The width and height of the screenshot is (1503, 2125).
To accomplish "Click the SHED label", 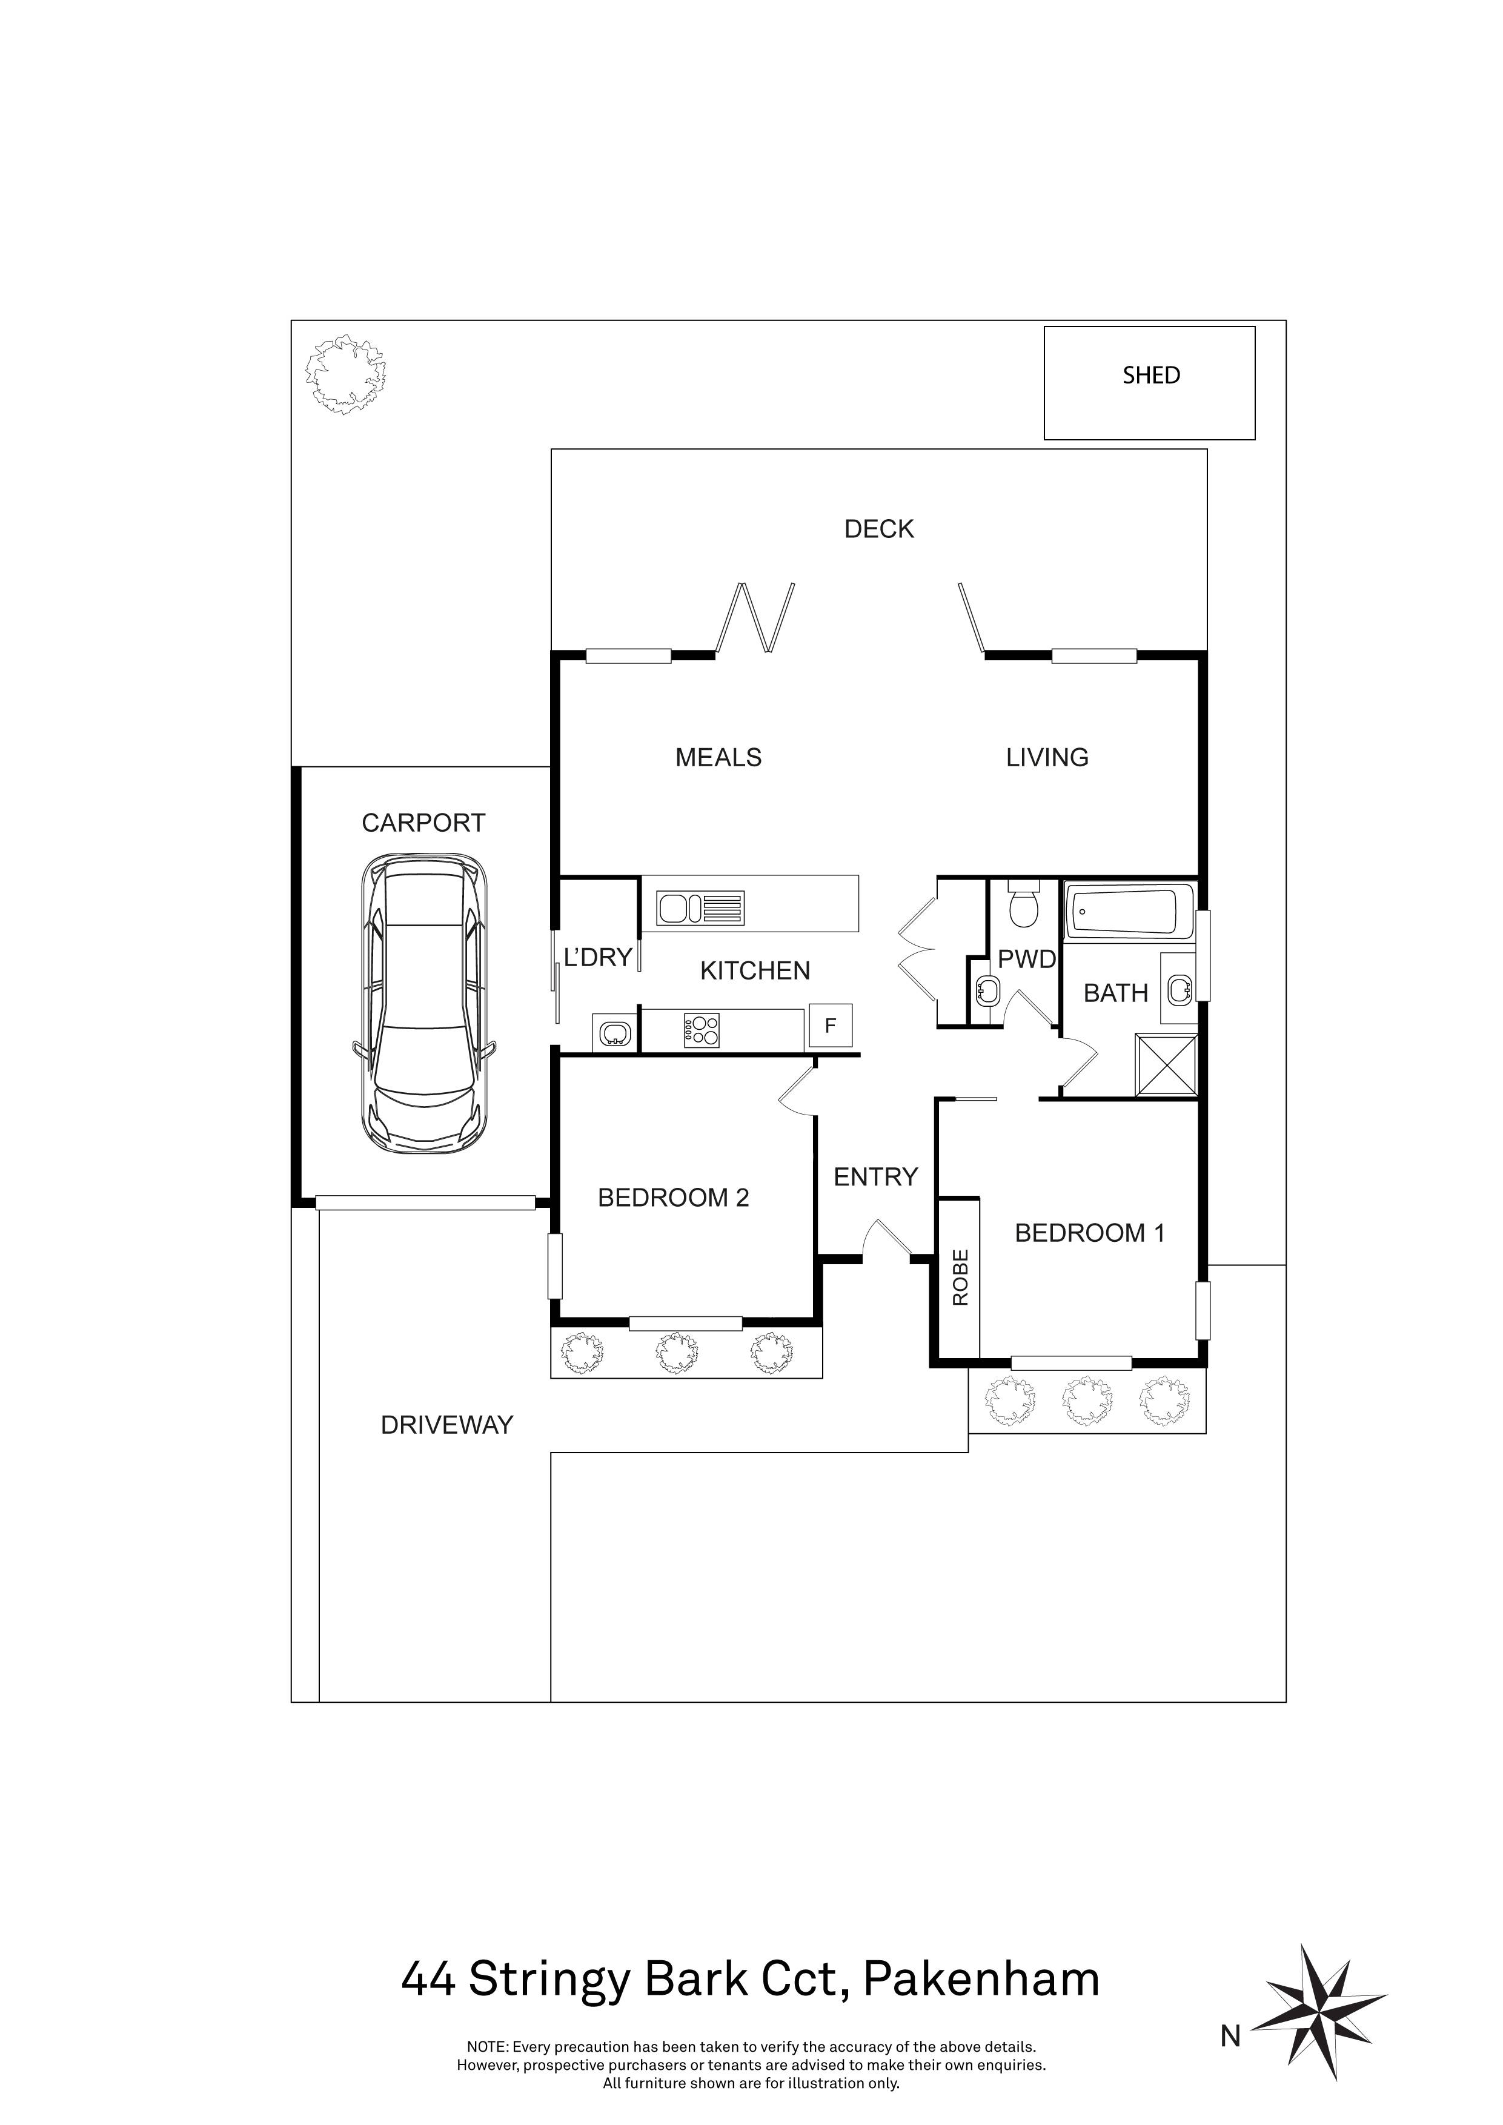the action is point(1151,375).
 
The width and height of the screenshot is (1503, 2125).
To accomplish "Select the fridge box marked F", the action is point(830,1026).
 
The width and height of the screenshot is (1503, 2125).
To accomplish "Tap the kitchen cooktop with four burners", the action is point(702,1031).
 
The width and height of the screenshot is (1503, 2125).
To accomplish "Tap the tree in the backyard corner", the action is point(346,374).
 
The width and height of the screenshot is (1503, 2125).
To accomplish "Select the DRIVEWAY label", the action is point(447,1425).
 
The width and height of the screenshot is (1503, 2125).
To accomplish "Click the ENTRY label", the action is point(875,1176).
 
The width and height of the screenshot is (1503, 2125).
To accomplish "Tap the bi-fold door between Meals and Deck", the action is point(756,617).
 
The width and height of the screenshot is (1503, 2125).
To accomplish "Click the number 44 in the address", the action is point(428,1981).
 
